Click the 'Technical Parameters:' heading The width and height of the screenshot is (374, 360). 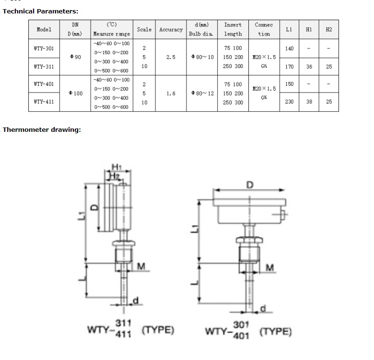point(40,11)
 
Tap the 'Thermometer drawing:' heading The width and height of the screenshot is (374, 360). point(42,130)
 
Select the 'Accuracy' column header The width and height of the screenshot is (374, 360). point(171,30)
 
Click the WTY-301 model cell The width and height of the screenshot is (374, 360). point(44,48)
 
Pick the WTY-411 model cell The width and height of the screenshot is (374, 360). point(44,102)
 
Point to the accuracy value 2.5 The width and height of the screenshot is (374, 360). point(171,57)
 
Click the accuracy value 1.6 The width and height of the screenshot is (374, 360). point(171,93)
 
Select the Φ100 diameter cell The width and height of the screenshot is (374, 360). point(75,93)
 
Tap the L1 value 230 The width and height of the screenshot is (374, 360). point(289,102)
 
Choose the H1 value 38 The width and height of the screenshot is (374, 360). point(309,102)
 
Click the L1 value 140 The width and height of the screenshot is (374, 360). point(289,48)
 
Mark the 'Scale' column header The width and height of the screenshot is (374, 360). point(144,30)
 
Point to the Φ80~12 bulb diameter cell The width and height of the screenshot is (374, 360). point(202,93)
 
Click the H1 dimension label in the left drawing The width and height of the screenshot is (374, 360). point(117,167)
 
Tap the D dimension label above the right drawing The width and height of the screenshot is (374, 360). point(250,185)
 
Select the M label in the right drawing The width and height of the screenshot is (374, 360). point(270,268)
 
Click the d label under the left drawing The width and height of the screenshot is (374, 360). point(136,301)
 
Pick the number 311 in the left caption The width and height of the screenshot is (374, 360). point(123,323)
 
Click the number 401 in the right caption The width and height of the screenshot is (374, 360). point(241,336)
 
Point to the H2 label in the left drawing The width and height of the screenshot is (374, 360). point(115,176)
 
